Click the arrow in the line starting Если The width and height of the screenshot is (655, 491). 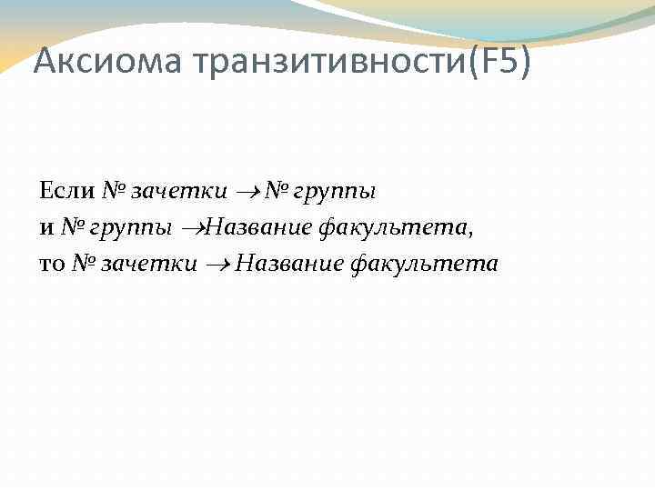coord(248,192)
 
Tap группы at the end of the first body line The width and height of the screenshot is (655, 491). coord(334,192)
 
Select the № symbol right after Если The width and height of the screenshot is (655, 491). coord(112,191)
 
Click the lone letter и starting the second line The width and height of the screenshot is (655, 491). coord(45,227)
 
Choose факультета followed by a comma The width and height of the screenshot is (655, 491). coord(391,227)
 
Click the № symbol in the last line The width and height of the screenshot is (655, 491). coord(82,264)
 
